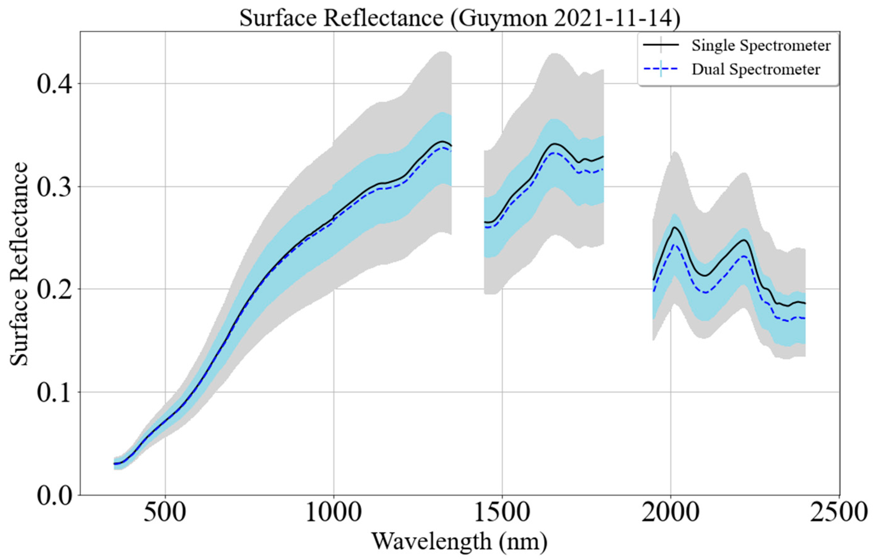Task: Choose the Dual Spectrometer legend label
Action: [756, 69]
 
